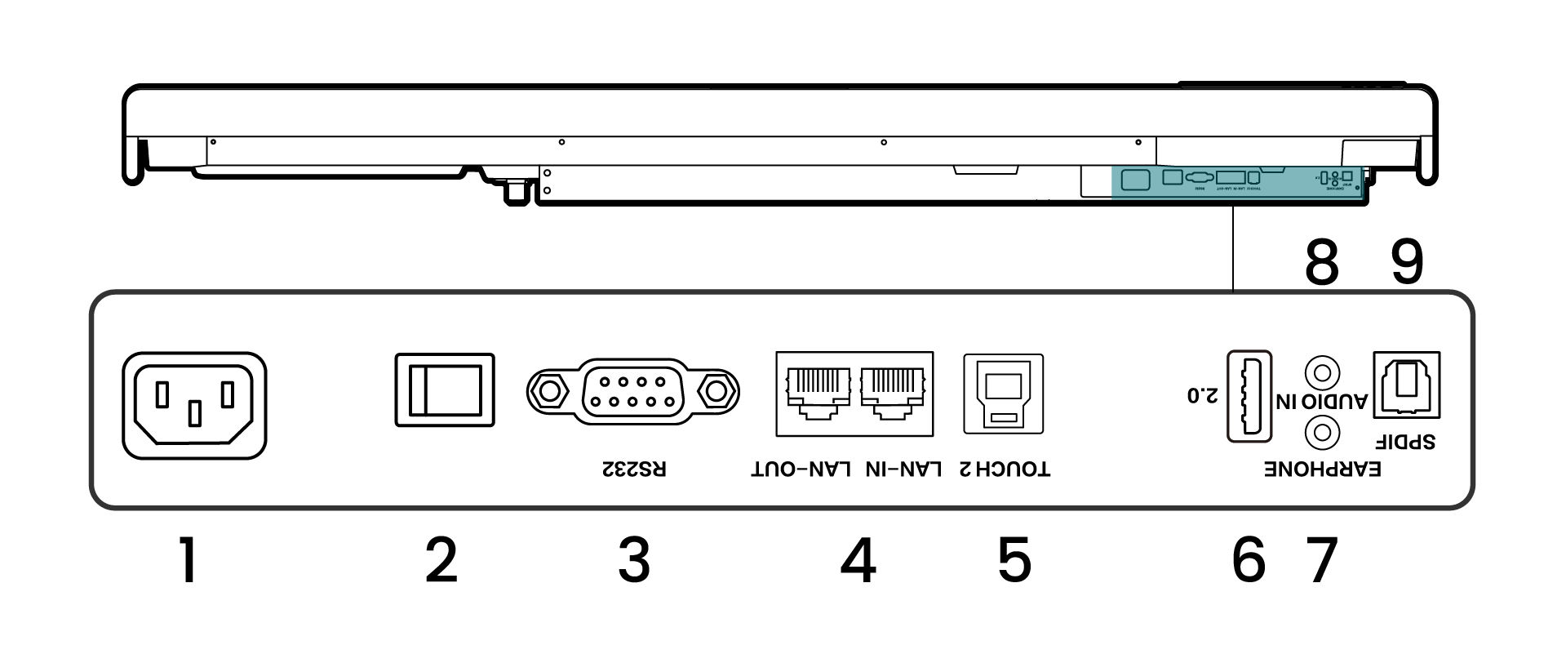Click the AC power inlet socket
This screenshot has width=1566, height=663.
click(194, 405)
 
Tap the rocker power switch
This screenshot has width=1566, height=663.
click(445, 389)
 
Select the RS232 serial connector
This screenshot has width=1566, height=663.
click(632, 390)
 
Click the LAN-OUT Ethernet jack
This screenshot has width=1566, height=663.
click(814, 393)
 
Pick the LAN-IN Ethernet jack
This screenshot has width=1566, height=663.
click(893, 393)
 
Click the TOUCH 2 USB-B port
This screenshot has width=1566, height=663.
click(1003, 394)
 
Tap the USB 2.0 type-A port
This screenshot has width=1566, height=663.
click(1249, 396)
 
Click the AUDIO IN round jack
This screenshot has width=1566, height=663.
click(1322, 373)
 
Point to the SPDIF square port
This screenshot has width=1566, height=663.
click(1406, 385)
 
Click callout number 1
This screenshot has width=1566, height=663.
click(189, 560)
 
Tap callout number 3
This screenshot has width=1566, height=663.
click(634, 560)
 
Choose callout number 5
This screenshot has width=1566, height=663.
click(1014, 560)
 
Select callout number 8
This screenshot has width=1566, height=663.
click(1321, 263)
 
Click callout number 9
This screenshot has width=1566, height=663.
click(1406, 263)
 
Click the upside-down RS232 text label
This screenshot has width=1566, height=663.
click(634, 469)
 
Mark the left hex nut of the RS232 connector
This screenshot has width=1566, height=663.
click(547, 390)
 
